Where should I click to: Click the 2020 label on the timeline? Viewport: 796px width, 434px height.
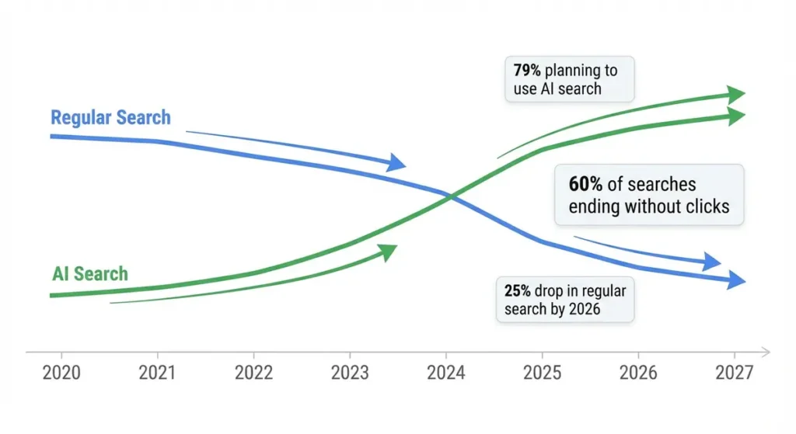pos(62,373)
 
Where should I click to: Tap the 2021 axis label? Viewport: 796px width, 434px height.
pos(158,373)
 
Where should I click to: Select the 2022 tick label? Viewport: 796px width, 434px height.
pos(253,373)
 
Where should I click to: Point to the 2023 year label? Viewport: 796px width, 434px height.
pos(349,373)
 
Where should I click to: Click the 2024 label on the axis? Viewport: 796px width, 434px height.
pos(446,373)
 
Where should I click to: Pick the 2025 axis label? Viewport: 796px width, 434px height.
pos(543,373)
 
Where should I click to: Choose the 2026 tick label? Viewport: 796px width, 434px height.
pos(638,373)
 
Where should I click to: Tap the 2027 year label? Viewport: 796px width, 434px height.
pos(734,373)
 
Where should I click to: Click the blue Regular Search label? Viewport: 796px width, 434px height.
pos(110,118)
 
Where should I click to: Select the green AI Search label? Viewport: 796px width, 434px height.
pos(90,274)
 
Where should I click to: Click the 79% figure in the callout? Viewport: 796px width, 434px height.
pos(527,71)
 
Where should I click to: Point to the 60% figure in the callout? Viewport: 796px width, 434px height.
pos(585,185)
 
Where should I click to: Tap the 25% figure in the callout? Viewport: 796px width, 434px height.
pos(517,291)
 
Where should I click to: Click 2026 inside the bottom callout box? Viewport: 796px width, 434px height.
pos(582,310)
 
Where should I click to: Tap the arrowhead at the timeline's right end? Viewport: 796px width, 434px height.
pos(766,352)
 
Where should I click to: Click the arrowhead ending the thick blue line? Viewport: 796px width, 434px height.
pos(737,281)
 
